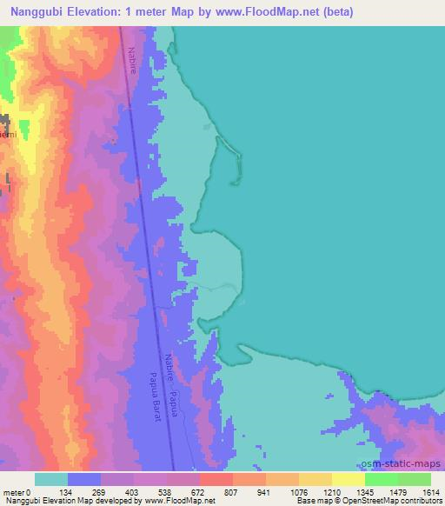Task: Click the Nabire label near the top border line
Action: [x=130, y=58]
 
